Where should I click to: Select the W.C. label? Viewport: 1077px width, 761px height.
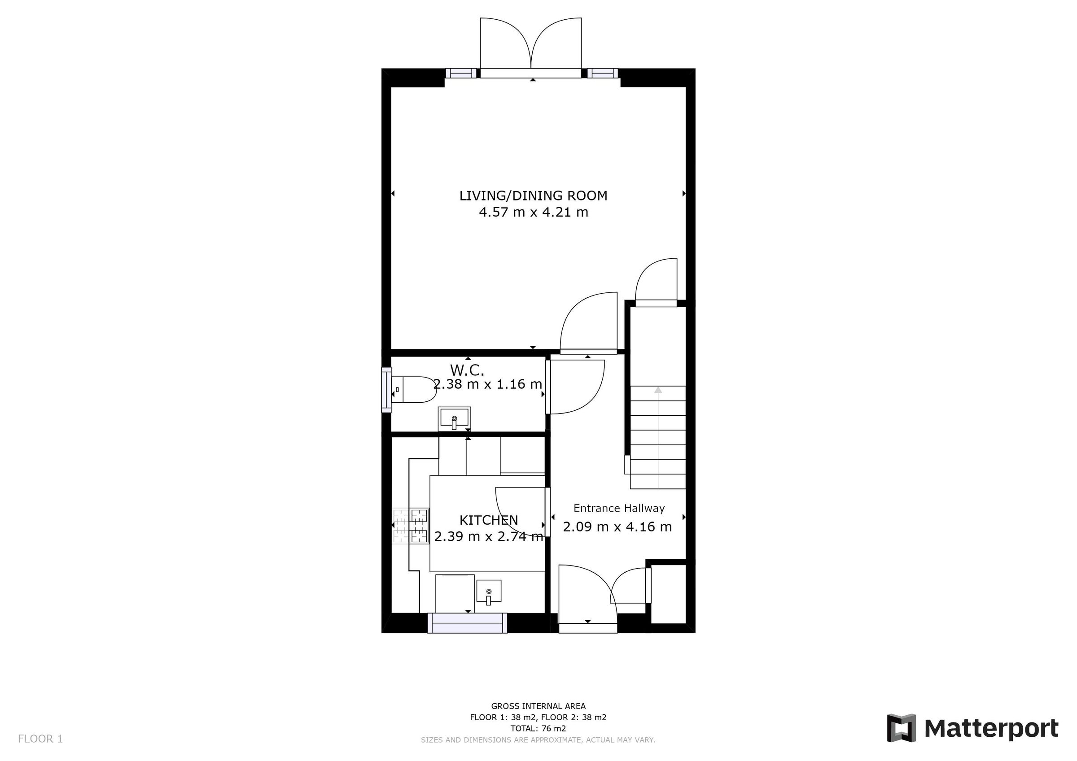467,370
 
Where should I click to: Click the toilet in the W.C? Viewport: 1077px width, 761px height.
413,390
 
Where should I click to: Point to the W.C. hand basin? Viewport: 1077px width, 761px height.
454,418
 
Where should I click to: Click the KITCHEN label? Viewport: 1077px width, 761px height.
488,520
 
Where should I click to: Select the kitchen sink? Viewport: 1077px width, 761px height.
489,591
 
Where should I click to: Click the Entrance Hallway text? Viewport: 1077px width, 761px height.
619,508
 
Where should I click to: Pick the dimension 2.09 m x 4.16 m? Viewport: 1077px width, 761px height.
617,527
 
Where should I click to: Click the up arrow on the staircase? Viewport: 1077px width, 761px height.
658,391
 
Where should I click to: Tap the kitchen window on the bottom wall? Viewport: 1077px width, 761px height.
467,624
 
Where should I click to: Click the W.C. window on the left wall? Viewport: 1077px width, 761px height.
386,390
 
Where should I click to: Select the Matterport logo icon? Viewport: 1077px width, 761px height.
901,728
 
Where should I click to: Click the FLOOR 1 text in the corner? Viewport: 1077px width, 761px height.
40,739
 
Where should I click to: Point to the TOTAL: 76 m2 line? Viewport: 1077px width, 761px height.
538,729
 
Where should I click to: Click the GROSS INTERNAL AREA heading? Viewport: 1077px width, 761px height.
538,706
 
